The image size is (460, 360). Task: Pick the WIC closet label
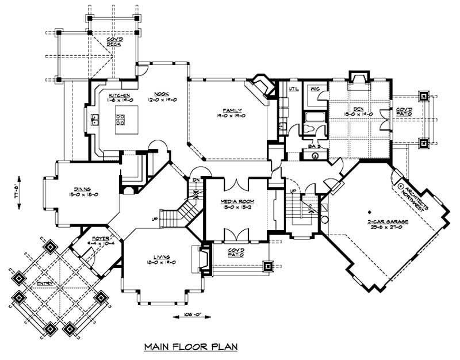[x=315, y=89]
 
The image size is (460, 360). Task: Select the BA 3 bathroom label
[x=314, y=147]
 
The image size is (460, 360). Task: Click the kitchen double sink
[x=95, y=120]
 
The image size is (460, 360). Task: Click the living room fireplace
[x=203, y=259]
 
